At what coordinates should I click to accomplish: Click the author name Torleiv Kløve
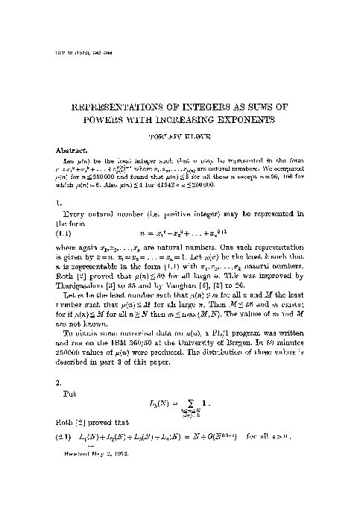click(180, 136)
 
